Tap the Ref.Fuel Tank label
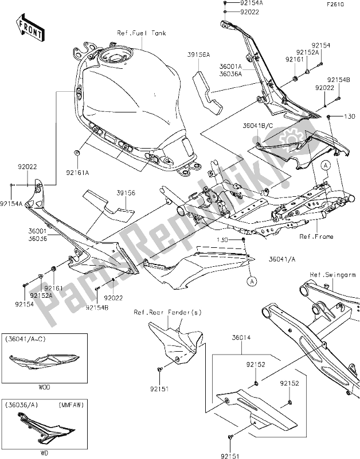pyautogui.click(x=143, y=33)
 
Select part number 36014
pyautogui.click(x=241, y=339)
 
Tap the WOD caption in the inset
pyautogui.click(x=44, y=387)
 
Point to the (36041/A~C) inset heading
pyautogui.click(x=26, y=340)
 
